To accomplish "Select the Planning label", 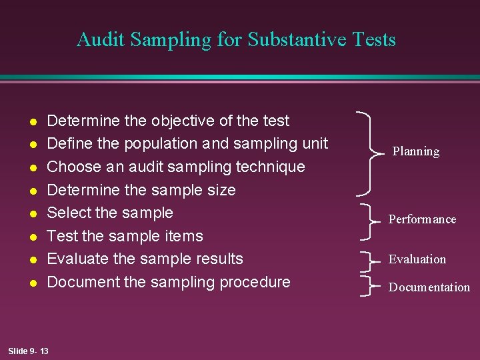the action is (x=415, y=151).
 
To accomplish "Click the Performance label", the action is (x=423, y=219).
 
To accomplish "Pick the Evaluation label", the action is (x=417, y=259).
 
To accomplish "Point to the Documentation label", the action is (x=429, y=287).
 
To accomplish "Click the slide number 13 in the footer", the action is (x=44, y=351).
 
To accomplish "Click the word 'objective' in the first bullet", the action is (x=182, y=121).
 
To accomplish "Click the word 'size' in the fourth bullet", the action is (x=221, y=190).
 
